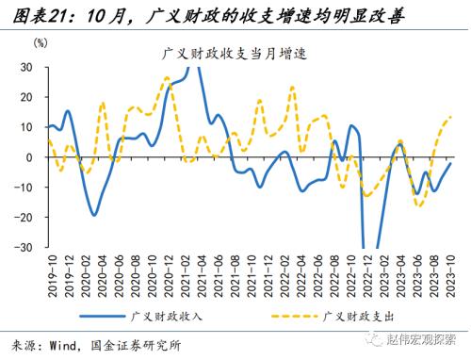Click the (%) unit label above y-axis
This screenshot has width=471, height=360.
pos(40,43)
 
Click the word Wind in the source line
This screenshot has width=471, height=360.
pos(63,346)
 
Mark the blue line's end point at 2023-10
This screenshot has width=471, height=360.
pos(450,163)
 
